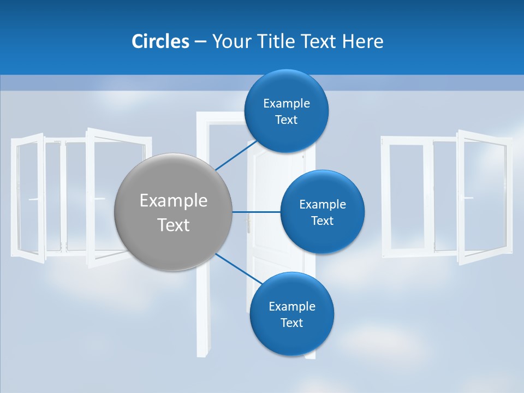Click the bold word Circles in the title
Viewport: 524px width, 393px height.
click(x=160, y=41)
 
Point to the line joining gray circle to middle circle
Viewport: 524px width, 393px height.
click(x=256, y=212)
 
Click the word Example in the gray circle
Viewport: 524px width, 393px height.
click(x=173, y=200)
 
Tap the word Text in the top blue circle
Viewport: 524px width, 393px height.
click(x=287, y=120)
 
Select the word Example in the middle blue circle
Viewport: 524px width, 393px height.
click(x=322, y=205)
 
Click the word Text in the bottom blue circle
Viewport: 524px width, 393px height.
click(x=291, y=323)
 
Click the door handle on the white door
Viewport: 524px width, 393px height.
click(x=249, y=224)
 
